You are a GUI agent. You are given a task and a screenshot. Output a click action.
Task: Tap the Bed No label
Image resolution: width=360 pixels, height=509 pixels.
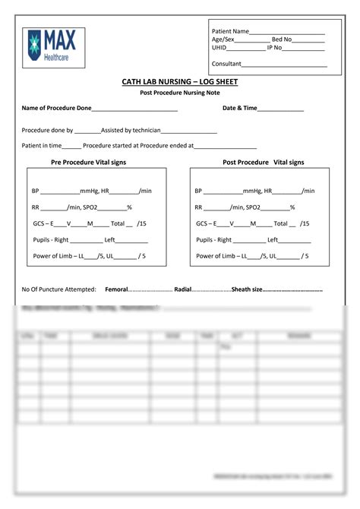(x=282, y=40)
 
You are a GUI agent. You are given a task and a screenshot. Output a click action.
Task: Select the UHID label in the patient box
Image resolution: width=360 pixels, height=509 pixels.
(x=219, y=47)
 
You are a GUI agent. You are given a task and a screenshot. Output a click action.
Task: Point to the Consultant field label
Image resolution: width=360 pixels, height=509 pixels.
(x=226, y=64)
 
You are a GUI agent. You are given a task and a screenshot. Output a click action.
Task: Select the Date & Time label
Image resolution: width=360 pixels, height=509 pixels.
(x=239, y=109)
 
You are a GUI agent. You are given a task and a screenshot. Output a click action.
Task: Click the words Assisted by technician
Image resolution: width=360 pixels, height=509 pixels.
(x=131, y=131)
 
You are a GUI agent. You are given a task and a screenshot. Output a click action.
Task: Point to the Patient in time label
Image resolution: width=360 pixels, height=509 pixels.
(x=42, y=145)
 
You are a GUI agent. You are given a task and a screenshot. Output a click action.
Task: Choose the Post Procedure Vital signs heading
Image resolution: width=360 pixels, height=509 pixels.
(x=263, y=163)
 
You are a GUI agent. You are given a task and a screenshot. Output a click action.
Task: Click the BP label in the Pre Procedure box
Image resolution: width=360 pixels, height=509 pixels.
(x=35, y=191)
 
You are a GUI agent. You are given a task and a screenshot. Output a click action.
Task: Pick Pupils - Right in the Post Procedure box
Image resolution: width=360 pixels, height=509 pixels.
(x=213, y=240)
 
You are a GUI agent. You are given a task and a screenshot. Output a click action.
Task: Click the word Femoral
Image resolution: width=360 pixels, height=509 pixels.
(x=116, y=289)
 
